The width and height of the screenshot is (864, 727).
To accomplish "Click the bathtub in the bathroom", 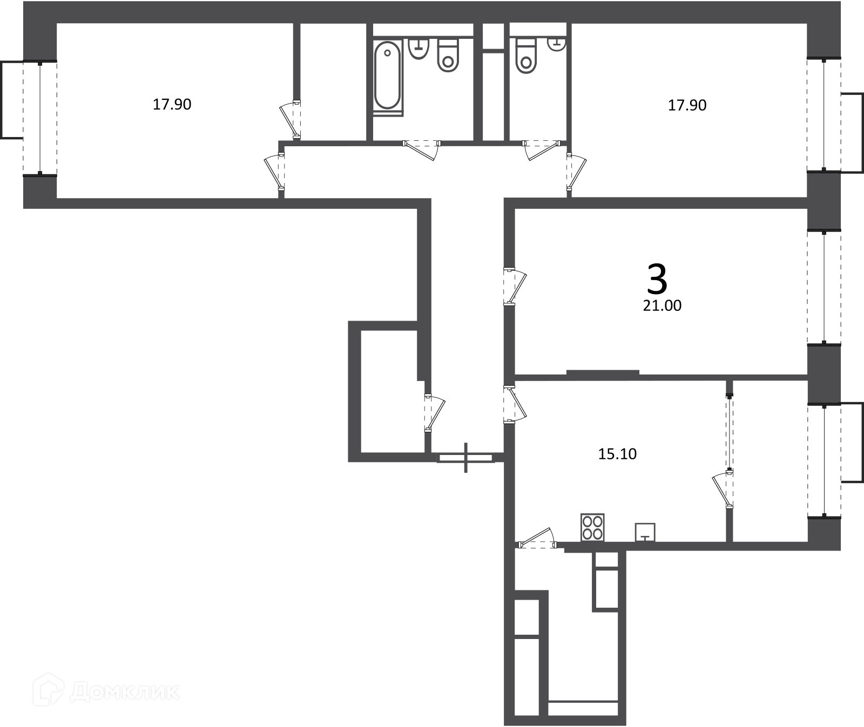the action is point(387,76).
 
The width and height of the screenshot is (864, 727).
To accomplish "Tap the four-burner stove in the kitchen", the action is point(592,527).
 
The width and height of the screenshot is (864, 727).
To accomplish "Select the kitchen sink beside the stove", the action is point(645,532).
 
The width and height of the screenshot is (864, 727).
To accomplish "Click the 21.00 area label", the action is point(662,305).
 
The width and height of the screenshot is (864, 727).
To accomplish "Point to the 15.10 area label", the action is point(617,454).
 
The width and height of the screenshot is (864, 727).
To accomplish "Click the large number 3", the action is point(657,280).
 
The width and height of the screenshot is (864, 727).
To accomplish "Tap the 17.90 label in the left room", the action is point(172,104).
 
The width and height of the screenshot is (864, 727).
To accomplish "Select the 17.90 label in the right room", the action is point(687,105).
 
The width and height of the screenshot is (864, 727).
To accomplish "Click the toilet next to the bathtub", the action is point(448,55).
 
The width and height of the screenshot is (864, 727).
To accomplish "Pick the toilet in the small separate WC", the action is point(526,56).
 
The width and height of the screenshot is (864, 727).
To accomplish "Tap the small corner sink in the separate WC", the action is point(556,44).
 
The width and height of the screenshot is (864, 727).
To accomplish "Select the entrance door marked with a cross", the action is point(465,458).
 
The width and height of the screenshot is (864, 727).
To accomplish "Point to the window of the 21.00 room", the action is point(824,287).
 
